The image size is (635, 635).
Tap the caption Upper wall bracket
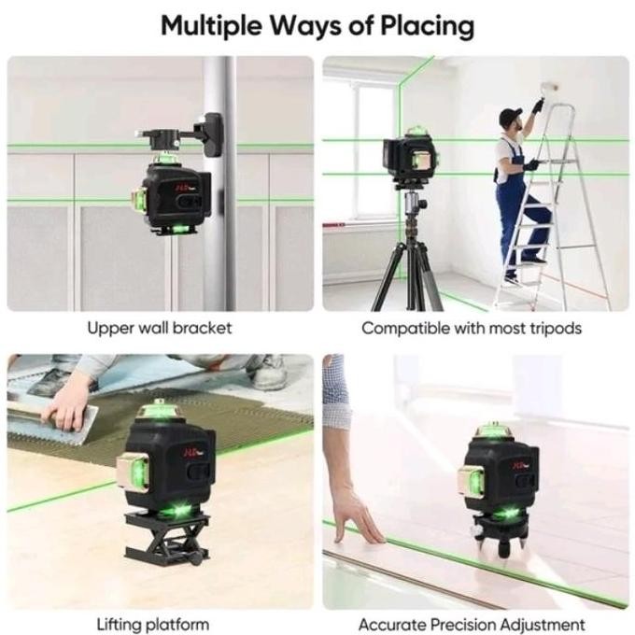160,328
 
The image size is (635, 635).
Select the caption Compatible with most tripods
472,328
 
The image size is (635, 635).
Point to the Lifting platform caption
153,624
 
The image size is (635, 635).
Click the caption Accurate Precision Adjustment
472,624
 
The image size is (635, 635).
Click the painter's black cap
509,116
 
